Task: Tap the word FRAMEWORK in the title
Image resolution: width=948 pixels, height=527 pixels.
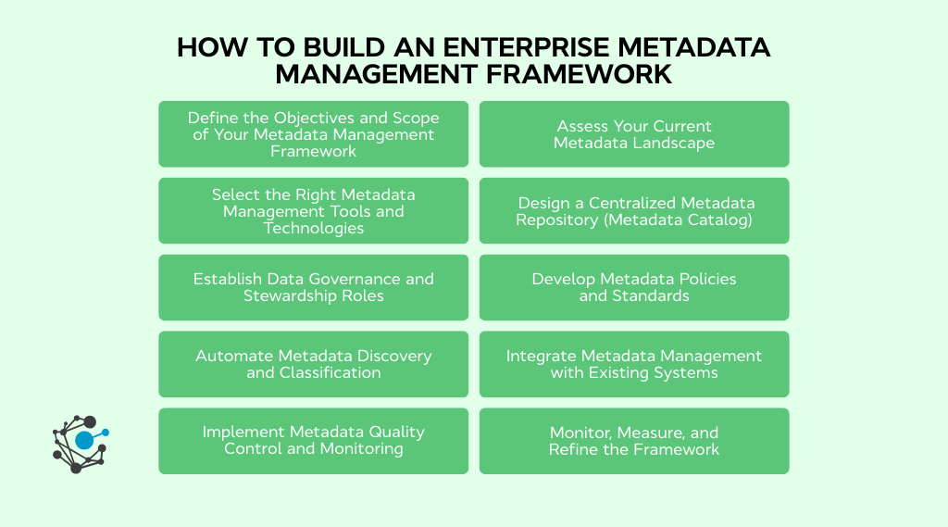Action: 576,74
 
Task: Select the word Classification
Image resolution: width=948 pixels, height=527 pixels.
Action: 314,372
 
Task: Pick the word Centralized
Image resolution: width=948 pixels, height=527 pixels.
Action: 628,203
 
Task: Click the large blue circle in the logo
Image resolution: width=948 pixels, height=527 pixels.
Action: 84,441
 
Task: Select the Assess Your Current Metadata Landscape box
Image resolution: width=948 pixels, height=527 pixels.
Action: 634,134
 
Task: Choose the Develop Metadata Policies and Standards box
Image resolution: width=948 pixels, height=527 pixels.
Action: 634,287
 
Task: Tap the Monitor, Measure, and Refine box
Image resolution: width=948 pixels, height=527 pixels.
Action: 634,441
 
